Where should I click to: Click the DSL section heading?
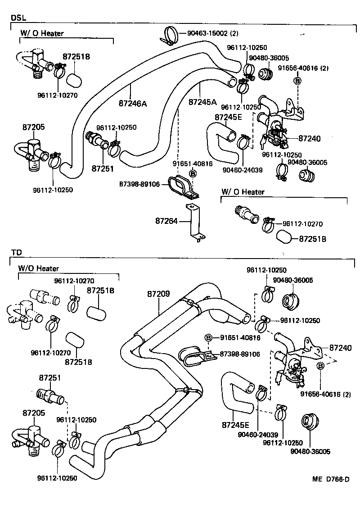click(18, 18)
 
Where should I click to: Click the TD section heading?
click(16, 253)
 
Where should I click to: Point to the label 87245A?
click(202, 102)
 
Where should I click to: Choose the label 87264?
click(166, 221)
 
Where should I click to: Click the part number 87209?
click(158, 294)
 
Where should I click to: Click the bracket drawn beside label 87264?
click(193, 223)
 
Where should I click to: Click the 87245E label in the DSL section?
click(228, 117)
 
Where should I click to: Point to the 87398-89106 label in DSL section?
click(139, 184)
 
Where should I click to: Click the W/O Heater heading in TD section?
click(38, 268)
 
